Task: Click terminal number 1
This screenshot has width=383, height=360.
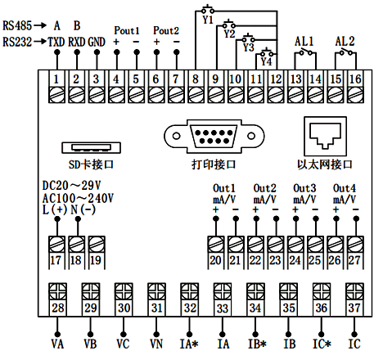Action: [x=56, y=79]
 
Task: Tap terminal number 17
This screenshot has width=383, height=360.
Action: [x=56, y=261]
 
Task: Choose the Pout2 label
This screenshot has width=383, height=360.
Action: [x=165, y=29]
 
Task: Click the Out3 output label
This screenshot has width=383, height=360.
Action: [x=304, y=188]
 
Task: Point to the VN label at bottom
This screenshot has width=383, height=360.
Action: [x=155, y=344]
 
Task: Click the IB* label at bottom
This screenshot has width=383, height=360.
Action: [x=255, y=344]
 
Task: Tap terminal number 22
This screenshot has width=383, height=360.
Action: [x=255, y=261]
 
